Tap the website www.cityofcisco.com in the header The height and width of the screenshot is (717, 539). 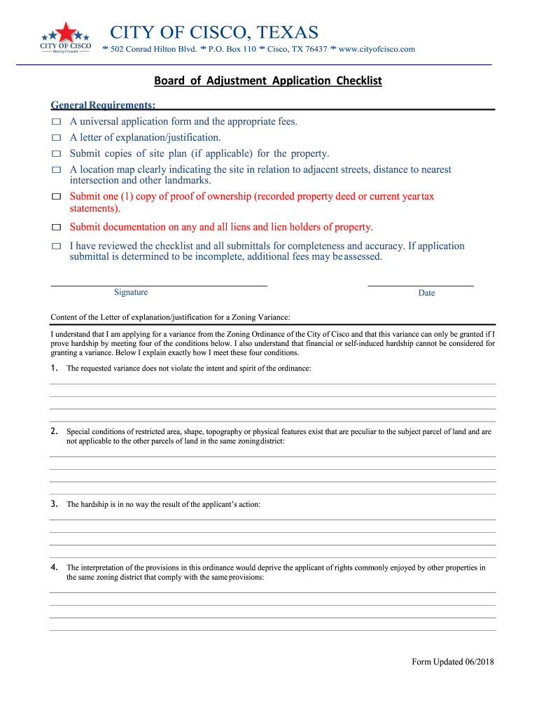click(377, 49)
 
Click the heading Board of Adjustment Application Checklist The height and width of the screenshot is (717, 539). click(268, 81)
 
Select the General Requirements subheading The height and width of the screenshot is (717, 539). click(103, 105)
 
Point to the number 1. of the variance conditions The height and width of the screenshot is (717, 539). click(55, 368)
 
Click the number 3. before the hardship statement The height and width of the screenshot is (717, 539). click(55, 504)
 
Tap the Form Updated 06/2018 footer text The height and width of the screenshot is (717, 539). click(453, 662)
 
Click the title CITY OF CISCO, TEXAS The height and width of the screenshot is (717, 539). click(214, 32)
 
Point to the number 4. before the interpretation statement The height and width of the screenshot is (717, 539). click(55, 567)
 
